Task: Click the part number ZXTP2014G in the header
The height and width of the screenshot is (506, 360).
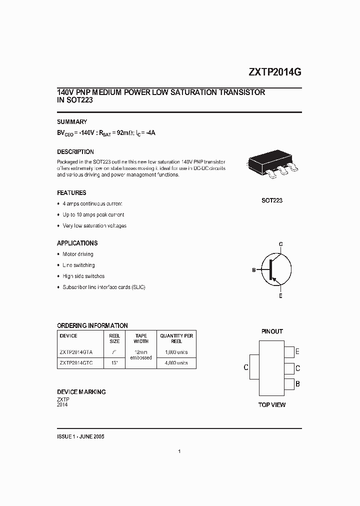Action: [x=274, y=72]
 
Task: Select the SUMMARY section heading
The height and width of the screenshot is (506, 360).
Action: [x=72, y=121]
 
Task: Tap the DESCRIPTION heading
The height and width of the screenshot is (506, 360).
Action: [x=75, y=151]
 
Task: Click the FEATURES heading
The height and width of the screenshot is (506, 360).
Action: [x=71, y=192]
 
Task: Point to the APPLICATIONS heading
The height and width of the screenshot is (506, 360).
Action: [x=77, y=243]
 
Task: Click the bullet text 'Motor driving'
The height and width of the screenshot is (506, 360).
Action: [x=77, y=254]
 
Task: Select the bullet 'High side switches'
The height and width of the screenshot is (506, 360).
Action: [x=83, y=276]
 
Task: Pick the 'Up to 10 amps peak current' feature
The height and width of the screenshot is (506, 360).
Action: [x=93, y=214]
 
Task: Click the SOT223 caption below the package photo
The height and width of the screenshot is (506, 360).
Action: [x=272, y=200]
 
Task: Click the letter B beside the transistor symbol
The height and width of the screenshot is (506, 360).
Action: [x=254, y=270]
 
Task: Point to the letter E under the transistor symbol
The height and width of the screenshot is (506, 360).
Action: [x=280, y=296]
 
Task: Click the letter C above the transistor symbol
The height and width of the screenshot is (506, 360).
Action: [x=280, y=244]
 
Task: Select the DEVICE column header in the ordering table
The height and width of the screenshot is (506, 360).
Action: [x=68, y=336]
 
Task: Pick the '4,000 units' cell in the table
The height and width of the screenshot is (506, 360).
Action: [x=176, y=362]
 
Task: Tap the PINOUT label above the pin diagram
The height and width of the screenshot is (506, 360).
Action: [x=272, y=331]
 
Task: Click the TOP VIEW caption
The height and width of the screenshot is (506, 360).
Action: [x=272, y=404]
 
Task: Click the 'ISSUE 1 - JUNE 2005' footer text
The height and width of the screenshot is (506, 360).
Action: [x=80, y=436]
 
